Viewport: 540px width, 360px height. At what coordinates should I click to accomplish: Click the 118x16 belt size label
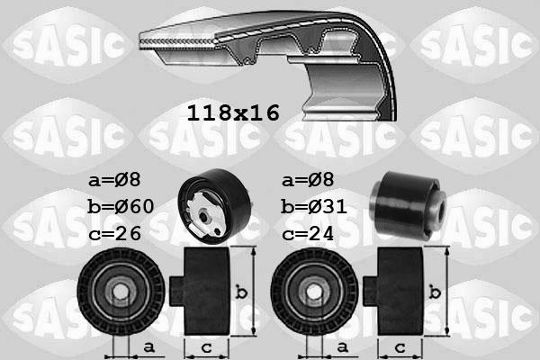pyautogui.click(x=233, y=113)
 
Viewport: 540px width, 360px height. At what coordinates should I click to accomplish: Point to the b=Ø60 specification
pyautogui.click(x=121, y=207)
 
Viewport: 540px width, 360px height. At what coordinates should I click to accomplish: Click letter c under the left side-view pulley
pyautogui.click(x=205, y=346)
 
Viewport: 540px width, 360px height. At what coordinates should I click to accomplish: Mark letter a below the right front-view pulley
pyautogui.click(x=341, y=346)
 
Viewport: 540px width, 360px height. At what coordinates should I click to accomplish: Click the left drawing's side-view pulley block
pyautogui.click(x=205, y=290)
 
